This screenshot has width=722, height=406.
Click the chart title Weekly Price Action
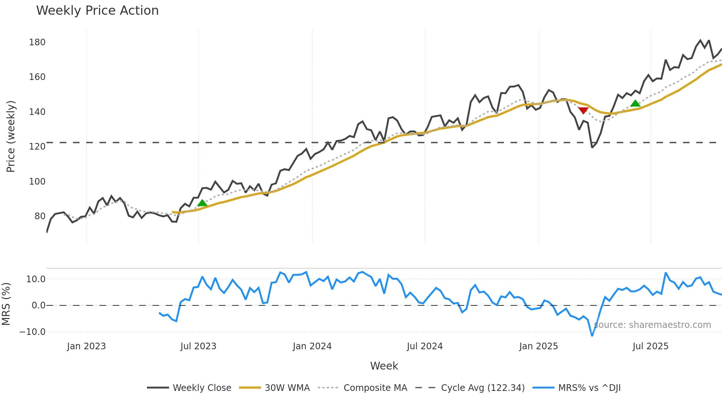[x=97, y=11]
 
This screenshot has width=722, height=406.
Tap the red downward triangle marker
[x=583, y=111]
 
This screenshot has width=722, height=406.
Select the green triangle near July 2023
[x=202, y=203]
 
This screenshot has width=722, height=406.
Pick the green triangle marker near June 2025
[x=635, y=104]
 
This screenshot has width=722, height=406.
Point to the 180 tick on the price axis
[x=37, y=42]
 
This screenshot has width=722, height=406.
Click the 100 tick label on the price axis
[x=37, y=182]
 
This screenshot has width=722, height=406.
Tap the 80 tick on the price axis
[x=40, y=216]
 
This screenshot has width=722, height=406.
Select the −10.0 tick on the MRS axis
[x=32, y=332]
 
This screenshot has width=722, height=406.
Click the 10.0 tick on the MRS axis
[x=36, y=279]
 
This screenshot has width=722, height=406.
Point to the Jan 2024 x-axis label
[x=312, y=346]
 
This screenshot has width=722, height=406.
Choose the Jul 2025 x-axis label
[x=650, y=346]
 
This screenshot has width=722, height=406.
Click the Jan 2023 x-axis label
[x=86, y=346]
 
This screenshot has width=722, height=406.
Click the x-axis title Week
[x=384, y=366]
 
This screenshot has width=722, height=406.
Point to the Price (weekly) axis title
[x=11, y=136]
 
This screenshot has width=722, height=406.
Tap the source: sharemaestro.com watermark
[x=652, y=325]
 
